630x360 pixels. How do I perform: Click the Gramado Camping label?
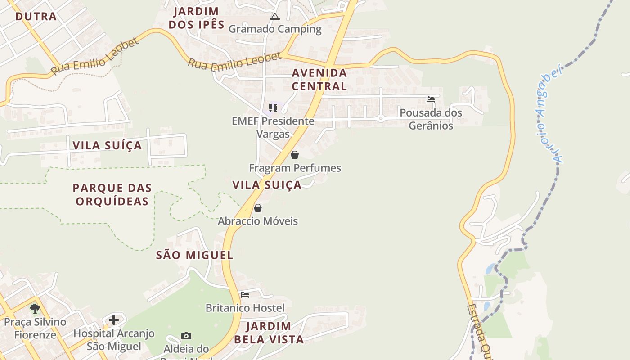click(275, 29)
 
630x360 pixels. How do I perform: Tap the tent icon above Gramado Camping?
click(274, 17)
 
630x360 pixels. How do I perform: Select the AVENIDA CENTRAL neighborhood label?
click(319, 79)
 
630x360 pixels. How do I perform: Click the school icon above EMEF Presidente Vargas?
click(273, 108)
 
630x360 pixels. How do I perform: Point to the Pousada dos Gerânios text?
click(431, 119)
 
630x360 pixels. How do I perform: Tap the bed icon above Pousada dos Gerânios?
click(431, 99)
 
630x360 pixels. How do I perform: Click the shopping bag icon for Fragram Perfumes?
click(295, 155)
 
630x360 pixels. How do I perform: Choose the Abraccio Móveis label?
click(258, 221)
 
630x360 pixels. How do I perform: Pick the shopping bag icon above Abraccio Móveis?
click(258, 208)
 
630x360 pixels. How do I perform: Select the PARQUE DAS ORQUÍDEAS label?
click(112, 194)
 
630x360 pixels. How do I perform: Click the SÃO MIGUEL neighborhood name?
click(195, 255)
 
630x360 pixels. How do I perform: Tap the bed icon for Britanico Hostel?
click(245, 295)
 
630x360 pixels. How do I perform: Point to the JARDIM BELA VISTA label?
click(269, 333)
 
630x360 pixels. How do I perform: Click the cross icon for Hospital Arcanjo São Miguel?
click(114, 320)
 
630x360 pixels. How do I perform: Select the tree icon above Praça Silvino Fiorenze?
click(35, 309)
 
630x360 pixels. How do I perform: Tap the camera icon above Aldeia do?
click(186, 336)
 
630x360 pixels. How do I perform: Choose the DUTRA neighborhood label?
click(36, 17)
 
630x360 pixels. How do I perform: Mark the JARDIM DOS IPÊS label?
click(196, 18)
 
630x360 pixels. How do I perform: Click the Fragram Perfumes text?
click(295, 168)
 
